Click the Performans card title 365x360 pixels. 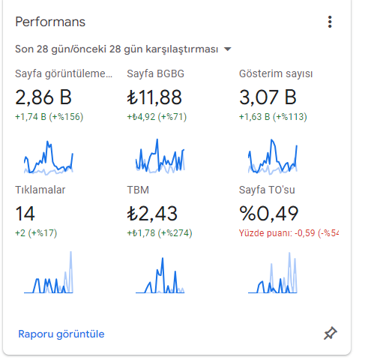tap(50, 22)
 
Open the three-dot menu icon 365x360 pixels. tap(330, 22)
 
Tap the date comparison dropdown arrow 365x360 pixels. tap(227, 49)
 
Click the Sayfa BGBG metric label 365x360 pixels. tap(155, 73)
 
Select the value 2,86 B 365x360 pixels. tap(43, 97)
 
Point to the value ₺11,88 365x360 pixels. tap(154, 97)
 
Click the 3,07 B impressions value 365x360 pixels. tap(268, 97)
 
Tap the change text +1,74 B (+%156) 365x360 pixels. tap(49, 117)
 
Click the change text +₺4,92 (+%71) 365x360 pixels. tap(157, 117)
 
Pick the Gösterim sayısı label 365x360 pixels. tap(276, 73)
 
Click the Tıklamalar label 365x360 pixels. tap(40, 190)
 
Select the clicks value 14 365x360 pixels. tap(25, 214)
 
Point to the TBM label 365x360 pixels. tap(138, 190)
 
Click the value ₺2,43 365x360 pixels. tap(152, 214)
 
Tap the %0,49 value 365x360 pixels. tap(268, 214)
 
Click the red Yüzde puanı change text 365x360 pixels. tap(289, 233)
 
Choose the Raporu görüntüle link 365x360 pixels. tap(61, 334)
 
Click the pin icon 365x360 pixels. tap(331, 333)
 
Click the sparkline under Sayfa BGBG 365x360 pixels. tap(160, 156)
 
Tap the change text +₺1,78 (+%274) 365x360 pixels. tap(160, 233)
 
